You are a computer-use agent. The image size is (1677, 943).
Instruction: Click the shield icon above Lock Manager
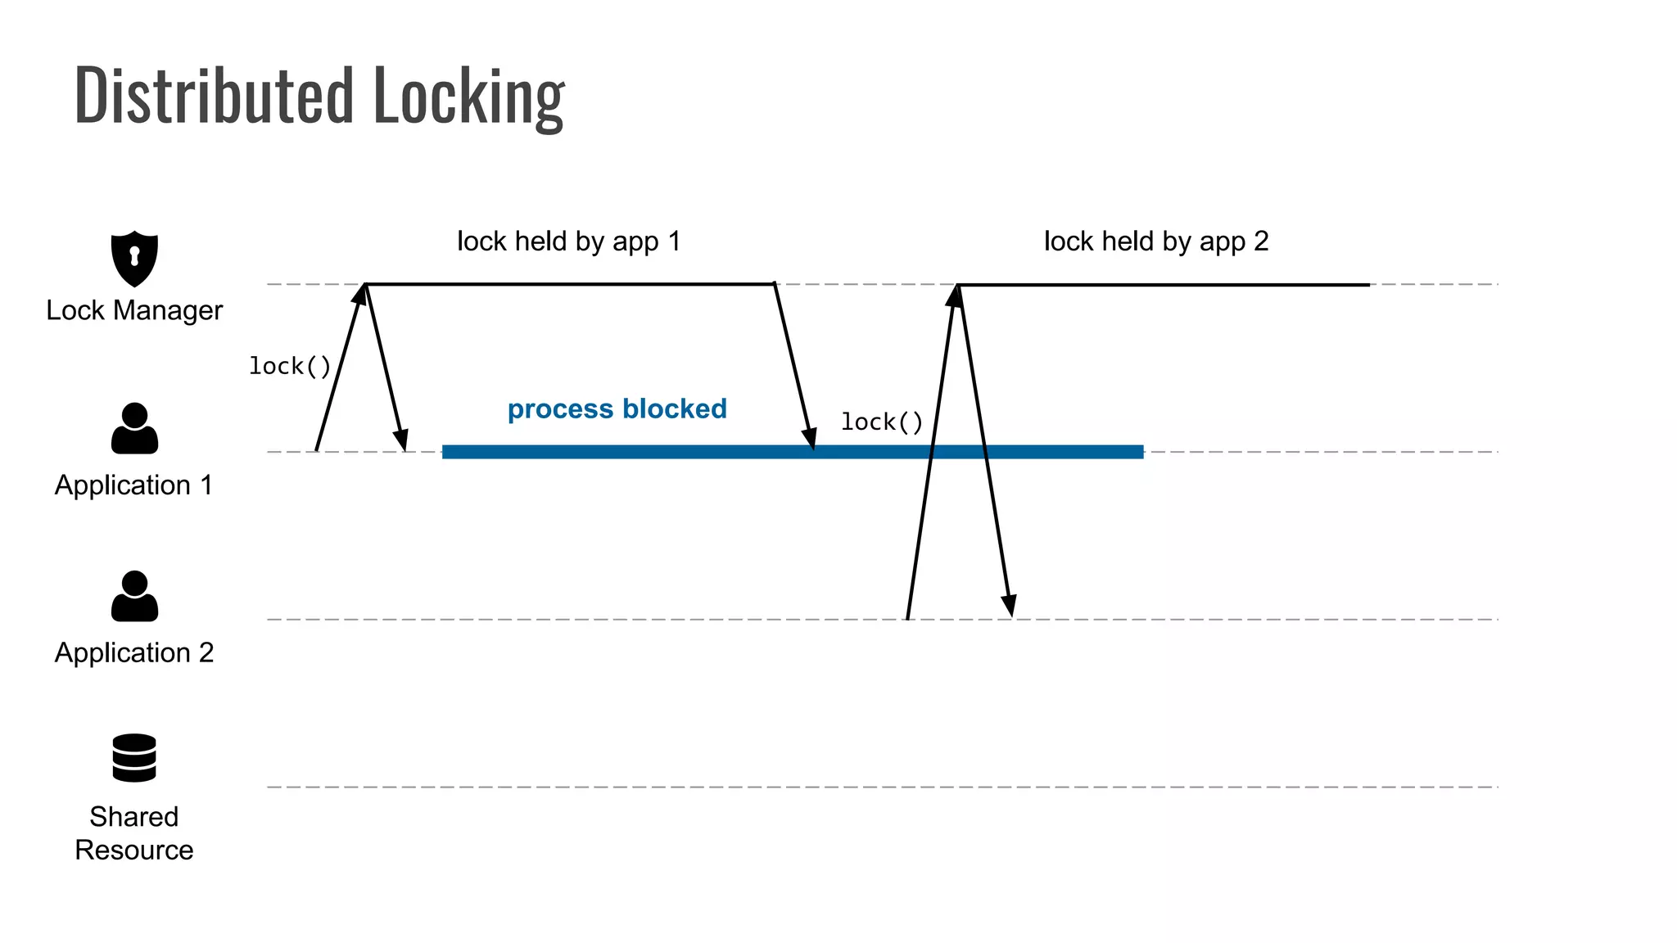click(x=134, y=259)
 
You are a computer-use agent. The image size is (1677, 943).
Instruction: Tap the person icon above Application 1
click(x=134, y=428)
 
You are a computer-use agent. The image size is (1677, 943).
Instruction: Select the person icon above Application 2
click(x=134, y=596)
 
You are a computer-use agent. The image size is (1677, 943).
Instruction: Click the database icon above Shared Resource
click(x=134, y=758)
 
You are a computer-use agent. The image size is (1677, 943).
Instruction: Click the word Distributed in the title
click(x=214, y=96)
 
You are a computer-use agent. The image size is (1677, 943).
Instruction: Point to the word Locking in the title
click(x=469, y=96)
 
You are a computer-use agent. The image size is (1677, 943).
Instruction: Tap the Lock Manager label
click(x=134, y=311)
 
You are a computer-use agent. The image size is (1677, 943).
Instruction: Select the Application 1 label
click(x=134, y=485)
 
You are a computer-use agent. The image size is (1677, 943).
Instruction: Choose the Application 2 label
click(x=134, y=653)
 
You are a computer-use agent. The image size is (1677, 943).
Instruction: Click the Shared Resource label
click(x=134, y=833)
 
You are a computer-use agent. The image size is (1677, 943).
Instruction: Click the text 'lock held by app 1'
click(x=569, y=241)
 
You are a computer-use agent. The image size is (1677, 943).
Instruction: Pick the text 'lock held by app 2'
click(x=1156, y=241)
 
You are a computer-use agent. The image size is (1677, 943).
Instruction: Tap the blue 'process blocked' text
click(x=617, y=408)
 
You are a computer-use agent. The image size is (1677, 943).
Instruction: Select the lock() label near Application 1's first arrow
click(x=290, y=366)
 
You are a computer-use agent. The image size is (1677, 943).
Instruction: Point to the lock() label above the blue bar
click(x=882, y=422)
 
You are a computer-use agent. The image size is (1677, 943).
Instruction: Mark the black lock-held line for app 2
click(x=1163, y=285)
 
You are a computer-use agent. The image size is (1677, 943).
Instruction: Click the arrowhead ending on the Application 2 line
click(x=1010, y=607)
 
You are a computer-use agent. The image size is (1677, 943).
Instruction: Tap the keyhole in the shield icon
click(x=134, y=256)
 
